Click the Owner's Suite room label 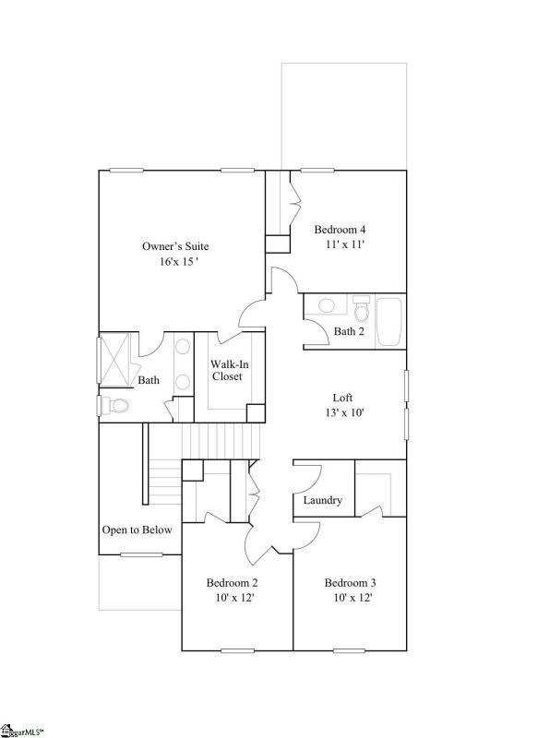pyautogui.click(x=175, y=246)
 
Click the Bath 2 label pyautogui.click(x=349, y=331)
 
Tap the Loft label pyautogui.click(x=343, y=398)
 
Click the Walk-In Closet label pyautogui.click(x=226, y=370)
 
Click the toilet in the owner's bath pyautogui.click(x=115, y=404)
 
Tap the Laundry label pyautogui.click(x=323, y=501)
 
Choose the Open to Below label pyautogui.click(x=134, y=530)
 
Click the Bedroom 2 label pyautogui.click(x=232, y=583)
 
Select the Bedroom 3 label pyautogui.click(x=350, y=583)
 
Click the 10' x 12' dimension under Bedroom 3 pyautogui.click(x=350, y=599)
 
